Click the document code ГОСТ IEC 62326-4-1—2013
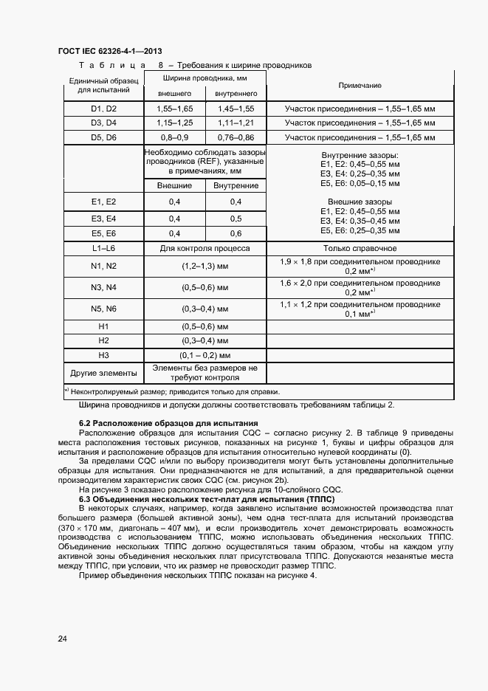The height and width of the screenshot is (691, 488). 110,50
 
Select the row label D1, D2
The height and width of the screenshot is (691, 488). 103,109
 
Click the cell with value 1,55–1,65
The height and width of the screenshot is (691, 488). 174,109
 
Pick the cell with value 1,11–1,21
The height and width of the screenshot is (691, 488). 236,123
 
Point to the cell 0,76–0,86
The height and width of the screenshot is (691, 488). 236,137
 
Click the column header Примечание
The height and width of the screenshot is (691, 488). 360,86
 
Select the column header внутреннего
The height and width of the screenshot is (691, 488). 236,94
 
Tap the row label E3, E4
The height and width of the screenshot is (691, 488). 103,219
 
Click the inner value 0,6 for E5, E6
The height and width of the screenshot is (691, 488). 236,233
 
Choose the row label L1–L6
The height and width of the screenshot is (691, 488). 103,249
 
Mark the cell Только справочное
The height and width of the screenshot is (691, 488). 360,249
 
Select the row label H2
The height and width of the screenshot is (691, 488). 103,340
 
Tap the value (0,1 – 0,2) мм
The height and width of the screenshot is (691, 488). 205,354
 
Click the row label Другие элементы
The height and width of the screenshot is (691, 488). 103,373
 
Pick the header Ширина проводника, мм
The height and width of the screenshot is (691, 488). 205,77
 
